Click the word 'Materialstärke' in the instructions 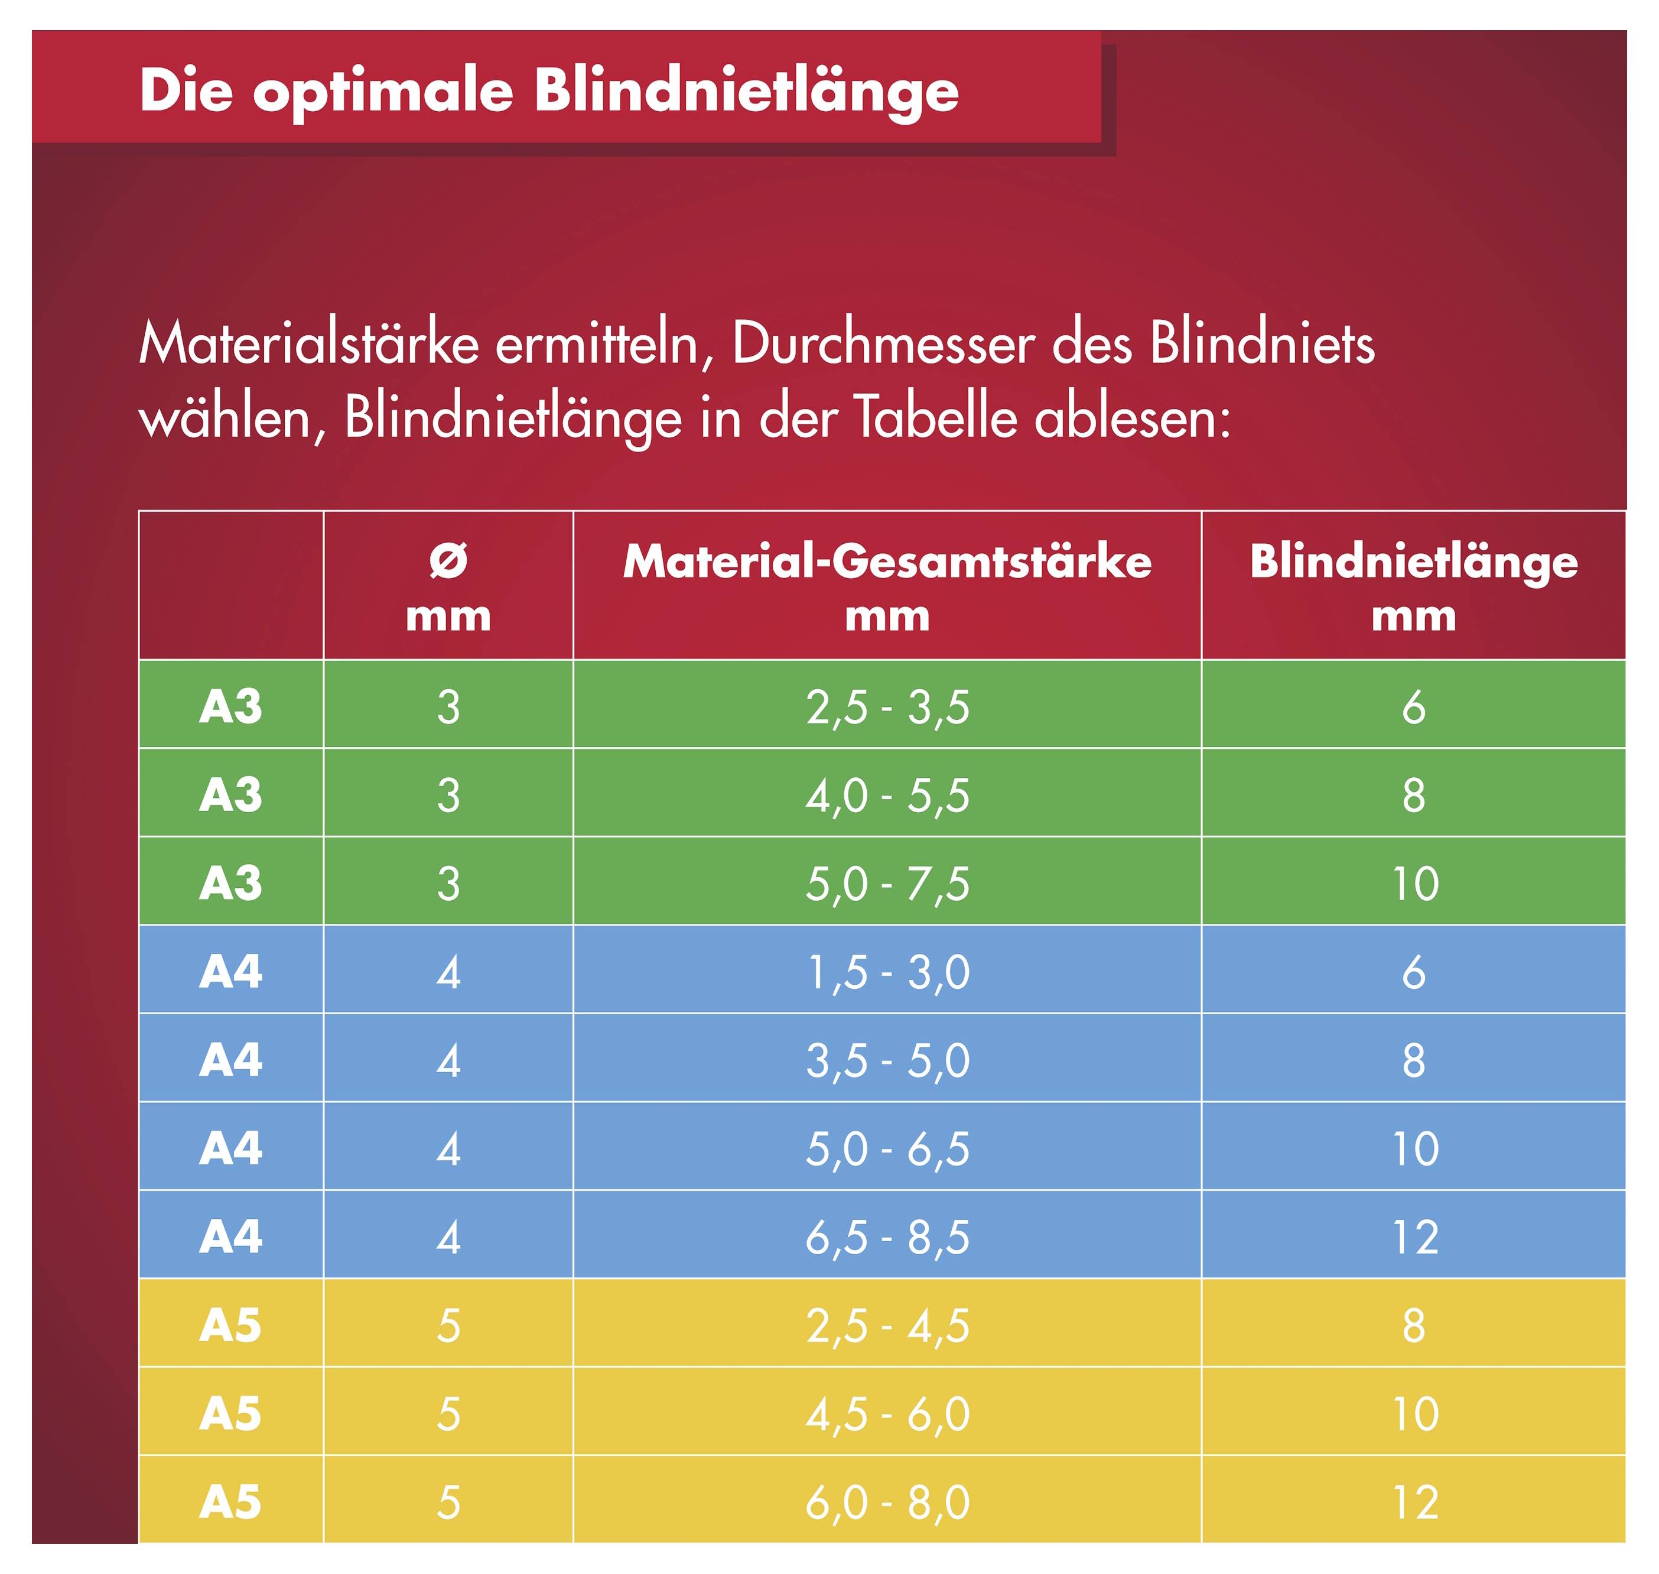(x=308, y=344)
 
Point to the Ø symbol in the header (x=448, y=560)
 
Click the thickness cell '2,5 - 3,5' (x=887, y=708)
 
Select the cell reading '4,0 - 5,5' (x=887, y=796)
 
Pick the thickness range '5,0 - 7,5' (x=887, y=884)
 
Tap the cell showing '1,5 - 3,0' (x=887, y=972)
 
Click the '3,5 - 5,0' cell (x=887, y=1060)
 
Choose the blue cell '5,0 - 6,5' (x=887, y=1148)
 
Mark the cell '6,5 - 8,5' (x=887, y=1237)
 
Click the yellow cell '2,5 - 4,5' (x=887, y=1326)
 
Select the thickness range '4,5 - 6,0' (x=887, y=1414)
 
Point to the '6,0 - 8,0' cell (x=887, y=1502)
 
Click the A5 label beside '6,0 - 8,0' (x=230, y=1502)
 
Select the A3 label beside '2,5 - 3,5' (x=230, y=708)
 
